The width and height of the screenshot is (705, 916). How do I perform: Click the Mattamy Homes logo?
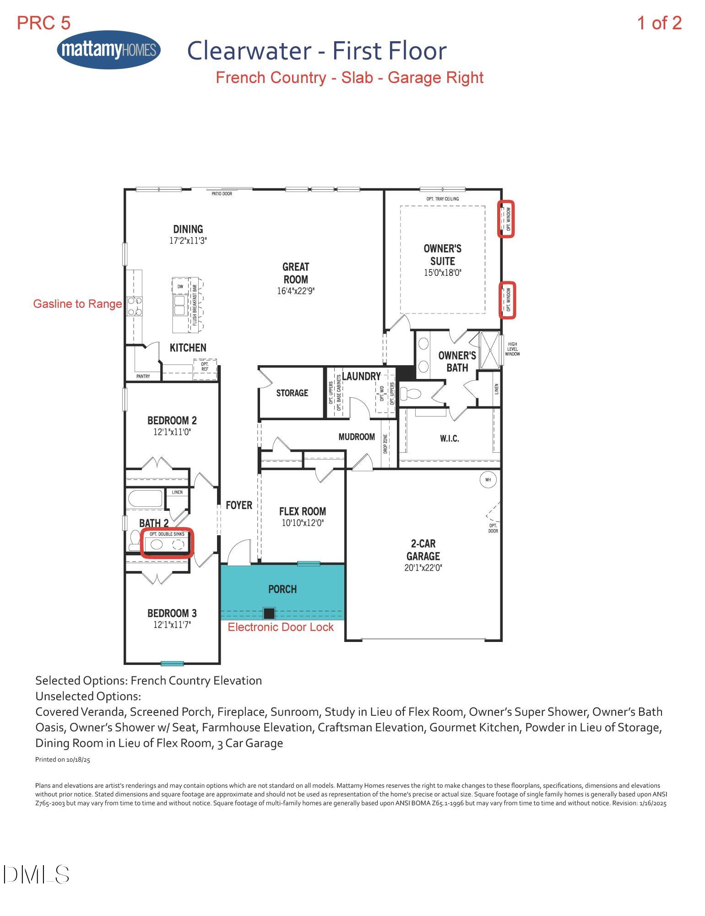click(x=109, y=49)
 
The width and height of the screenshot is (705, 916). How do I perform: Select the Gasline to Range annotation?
click(x=77, y=304)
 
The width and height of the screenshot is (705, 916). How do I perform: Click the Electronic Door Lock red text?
click(x=281, y=627)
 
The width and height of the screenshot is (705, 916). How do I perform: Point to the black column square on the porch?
click(x=269, y=613)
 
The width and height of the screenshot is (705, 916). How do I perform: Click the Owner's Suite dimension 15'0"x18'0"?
click(x=442, y=273)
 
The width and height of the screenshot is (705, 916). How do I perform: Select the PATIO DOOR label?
click(x=222, y=194)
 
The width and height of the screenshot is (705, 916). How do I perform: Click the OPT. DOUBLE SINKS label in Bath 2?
click(x=167, y=534)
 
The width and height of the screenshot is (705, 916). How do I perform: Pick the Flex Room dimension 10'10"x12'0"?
click(x=303, y=523)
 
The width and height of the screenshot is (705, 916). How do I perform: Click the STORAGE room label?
click(x=292, y=393)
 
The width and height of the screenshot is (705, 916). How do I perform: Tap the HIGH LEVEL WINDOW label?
click(x=512, y=349)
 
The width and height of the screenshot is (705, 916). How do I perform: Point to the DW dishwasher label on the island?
click(x=180, y=286)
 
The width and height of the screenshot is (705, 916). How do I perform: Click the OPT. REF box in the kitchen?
click(x=205, y=367)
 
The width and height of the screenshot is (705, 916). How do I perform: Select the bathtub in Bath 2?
click(x=145, y=499)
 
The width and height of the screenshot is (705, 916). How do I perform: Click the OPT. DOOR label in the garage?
click(x=493, y=528)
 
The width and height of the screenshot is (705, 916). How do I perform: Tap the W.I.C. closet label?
click(x=449, y=439)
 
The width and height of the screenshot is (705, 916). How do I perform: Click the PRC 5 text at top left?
click(x=44, y=23)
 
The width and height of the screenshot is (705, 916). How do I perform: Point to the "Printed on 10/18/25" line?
click(x=63, y=760)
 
